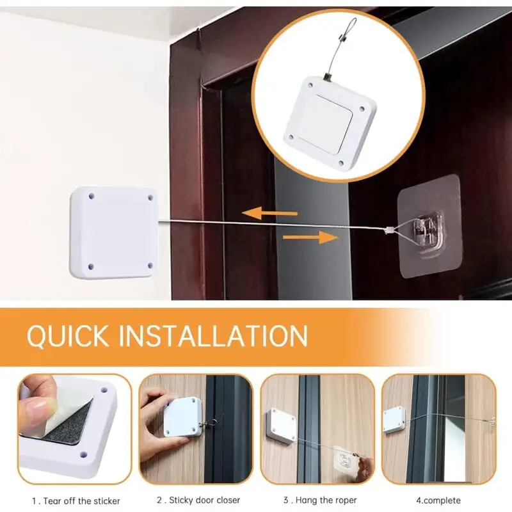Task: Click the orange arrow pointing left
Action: click(x=269, y=213)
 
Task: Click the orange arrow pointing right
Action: click(x=310, y=237)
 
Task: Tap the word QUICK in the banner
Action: click(x=68, y=335)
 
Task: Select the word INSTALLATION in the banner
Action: click(x=213, y=335)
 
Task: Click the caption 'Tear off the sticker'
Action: click(x=82, y=501)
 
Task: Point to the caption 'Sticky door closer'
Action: click(x=204, y=500)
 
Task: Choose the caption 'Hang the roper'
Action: click(x=326, y=500)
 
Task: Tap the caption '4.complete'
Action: click(x=438, y=500)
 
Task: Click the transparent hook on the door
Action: click(x=427, y=228)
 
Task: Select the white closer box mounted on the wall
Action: click(x=113, y=233)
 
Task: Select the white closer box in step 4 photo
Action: click(x=394, y=420)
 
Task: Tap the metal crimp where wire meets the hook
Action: click(x=388, y=230)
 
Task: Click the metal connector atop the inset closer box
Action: click(x=327, y=77)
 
